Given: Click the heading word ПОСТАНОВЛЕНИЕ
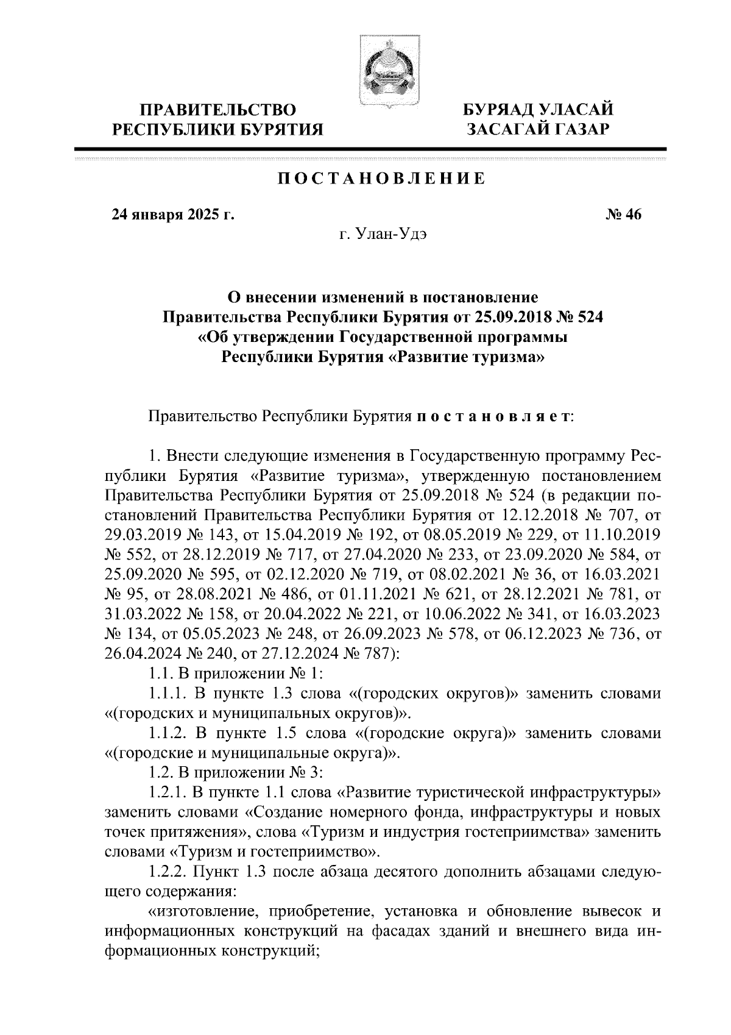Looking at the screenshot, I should pos(382,179).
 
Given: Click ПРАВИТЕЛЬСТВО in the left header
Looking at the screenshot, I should pos(219,110).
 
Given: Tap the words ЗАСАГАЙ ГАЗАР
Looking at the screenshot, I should pos(537,129).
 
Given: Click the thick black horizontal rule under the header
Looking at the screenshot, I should pos(370,149).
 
